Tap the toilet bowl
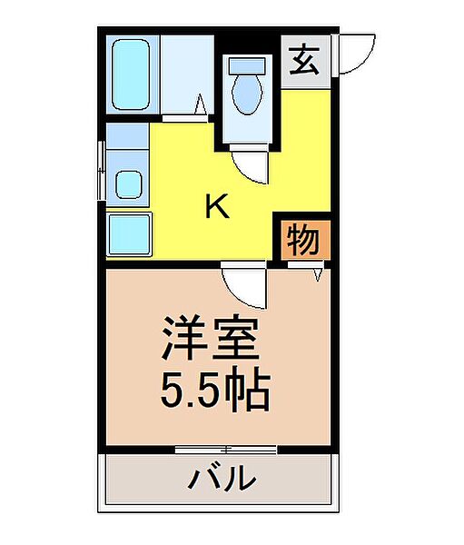(245, 92)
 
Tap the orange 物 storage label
(302, 241)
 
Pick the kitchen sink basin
(128, 185)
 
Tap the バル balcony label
(221, 478)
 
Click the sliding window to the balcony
(225, 449)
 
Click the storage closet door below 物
(305, 268)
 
